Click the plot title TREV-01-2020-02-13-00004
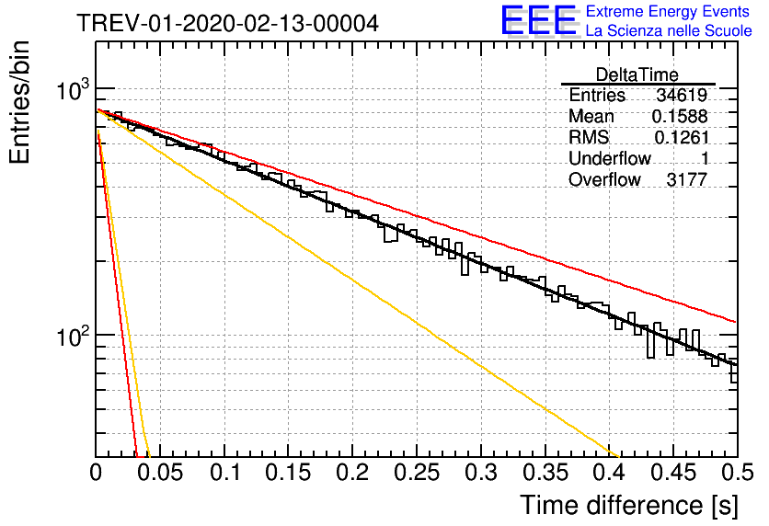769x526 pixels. [227, 23]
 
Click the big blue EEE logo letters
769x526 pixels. [539, 20]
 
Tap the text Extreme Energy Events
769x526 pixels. [668, 11]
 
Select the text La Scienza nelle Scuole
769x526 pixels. [669, 30]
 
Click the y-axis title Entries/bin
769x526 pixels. [19, 102]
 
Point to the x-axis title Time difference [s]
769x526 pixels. [629, 505]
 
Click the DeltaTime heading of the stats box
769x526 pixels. [637, 74]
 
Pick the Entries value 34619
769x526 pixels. [682, 95]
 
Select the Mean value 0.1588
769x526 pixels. [680, 116]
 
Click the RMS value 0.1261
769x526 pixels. [682, 137]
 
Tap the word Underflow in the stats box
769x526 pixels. [610, 158]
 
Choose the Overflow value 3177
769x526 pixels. [686, 179]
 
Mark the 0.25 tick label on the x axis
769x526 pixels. [417, 473]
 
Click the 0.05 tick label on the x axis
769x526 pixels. [160, 473]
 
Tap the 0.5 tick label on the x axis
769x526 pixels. [738, 473]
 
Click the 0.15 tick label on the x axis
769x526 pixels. [289, 473]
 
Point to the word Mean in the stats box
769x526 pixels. [591, 116]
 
